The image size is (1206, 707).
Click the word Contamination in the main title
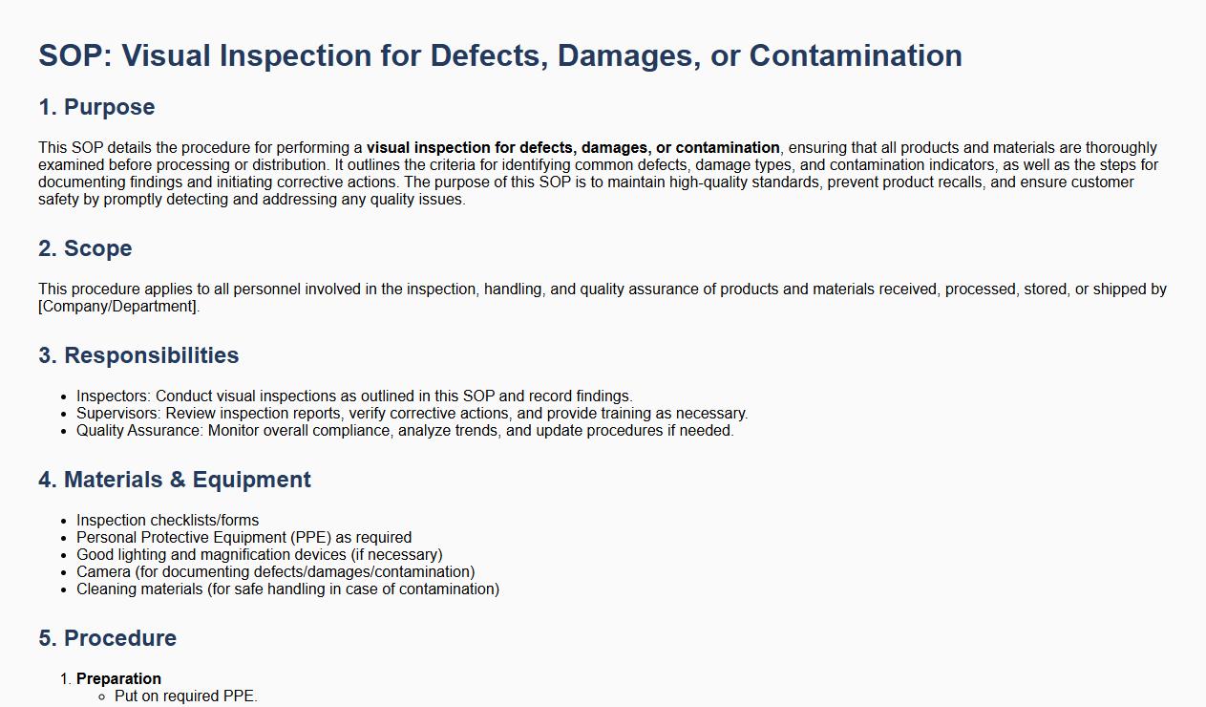(x=856, y=55)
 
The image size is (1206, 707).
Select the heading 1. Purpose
(x=96, y=107)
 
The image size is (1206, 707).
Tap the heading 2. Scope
(x=85, y=248)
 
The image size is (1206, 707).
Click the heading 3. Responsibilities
(x=138, y=355)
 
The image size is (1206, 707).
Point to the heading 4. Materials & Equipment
(x=175, y=480)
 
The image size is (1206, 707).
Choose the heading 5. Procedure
(x=107, y=638)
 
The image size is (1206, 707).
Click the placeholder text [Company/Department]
(x=118, y=306)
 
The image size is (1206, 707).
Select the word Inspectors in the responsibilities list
(x=113, y=396)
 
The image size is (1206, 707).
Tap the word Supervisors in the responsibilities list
(x=117, y=414)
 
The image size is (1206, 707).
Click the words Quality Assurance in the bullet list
(x=138, y=431)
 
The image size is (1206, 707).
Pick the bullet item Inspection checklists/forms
(x=167, y=520)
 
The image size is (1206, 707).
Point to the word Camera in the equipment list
(x=103, y=571)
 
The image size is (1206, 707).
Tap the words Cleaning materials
(x=139, y=589)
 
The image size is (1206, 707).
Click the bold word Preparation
(x=119, y=678)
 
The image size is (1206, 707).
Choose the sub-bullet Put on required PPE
(x=186, y=696)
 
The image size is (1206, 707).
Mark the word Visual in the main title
(x=166, y=55)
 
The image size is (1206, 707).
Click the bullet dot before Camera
(x=64, y=573)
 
